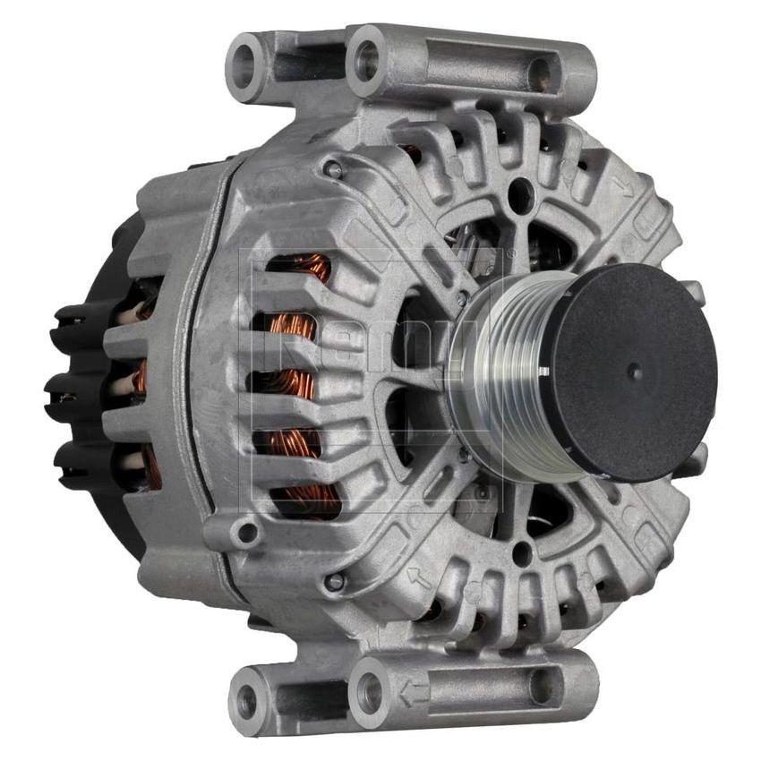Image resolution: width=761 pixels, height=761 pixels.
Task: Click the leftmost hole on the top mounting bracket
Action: [x=244, y=65]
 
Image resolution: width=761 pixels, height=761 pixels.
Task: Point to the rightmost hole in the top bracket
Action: [x=541, y=74]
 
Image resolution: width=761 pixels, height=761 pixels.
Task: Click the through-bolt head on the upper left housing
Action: [x=333, y=168]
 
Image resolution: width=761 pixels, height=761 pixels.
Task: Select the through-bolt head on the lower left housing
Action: [x=334, y=582]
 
